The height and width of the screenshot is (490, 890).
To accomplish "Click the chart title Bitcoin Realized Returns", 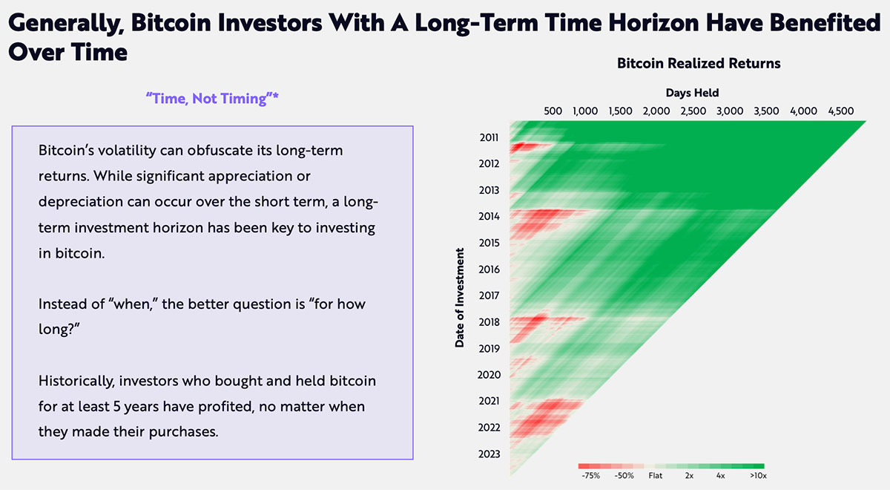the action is click(x=699, y=63).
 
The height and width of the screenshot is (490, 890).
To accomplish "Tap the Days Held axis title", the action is click(x=692, y=93).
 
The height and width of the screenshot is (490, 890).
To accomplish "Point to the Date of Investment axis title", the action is click(x=459, y=298).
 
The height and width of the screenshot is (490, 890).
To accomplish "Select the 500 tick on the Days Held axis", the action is click(x=553, y=111).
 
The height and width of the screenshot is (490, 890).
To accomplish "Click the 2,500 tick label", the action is click(x=693, y=111).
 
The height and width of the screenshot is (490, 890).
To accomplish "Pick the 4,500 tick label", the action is click(x=841, y=111).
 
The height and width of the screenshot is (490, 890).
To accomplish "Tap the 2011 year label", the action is click(x=489, y=137).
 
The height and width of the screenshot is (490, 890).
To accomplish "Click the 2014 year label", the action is click(x=489, y=216).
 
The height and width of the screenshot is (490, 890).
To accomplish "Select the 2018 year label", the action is click(x=489, y=321).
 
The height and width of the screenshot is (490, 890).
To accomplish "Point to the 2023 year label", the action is click(x=489, y=454).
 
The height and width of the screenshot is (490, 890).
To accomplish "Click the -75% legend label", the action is click(x=591, y=476).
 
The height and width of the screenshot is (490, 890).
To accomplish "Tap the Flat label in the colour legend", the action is click(x=656, y=476).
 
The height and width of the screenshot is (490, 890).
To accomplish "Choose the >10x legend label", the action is click(x=758, y=476).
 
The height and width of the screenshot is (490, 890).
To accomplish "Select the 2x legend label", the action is click(x=689, y=476).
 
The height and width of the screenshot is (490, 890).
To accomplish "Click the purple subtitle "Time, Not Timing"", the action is click(x=212, y=98).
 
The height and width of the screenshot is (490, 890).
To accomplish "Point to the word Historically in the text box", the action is click(x=76, y=382).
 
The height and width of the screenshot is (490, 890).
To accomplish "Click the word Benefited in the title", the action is click(x=825, y=23).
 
